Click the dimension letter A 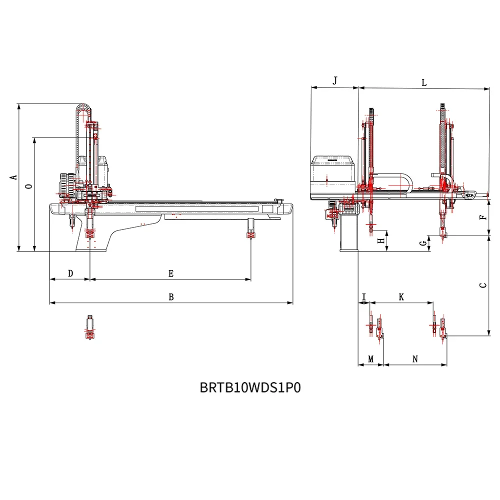click(14, 177)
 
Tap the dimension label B click(171, 297)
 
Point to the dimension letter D click(70, 273)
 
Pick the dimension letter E click(170, 273)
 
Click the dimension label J click(335, 80)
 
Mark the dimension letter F click(482, 217)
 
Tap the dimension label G click(423, 243)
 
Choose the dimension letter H click(381, 241)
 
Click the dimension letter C click(482, 285)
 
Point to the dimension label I click(364, 297)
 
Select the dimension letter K click(401, 297)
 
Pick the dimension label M click(370, 359)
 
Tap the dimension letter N click(415, 359)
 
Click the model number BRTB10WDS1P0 click(250, 388)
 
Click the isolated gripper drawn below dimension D click(89, 328)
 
